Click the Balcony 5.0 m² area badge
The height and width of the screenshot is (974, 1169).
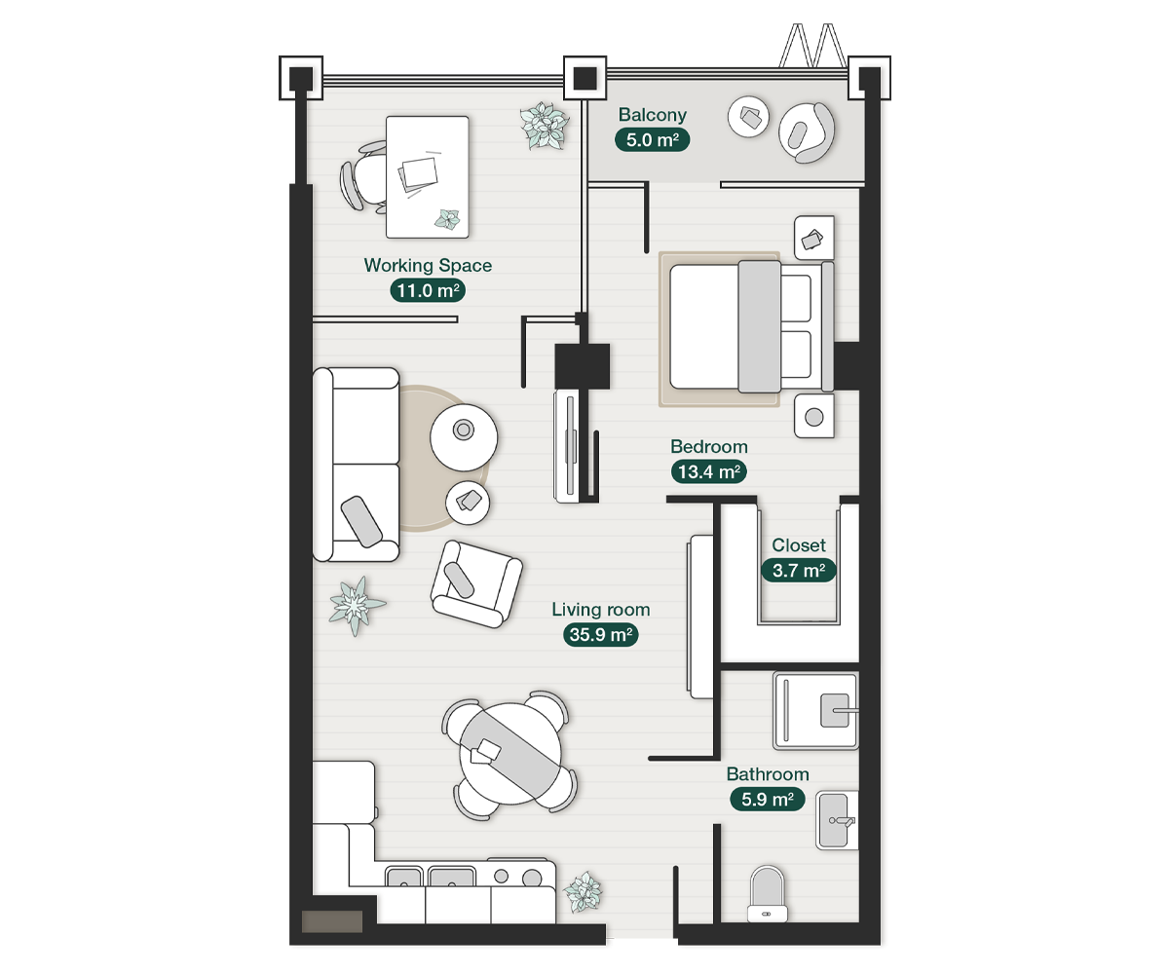pyautogui.click(x=653, y=139)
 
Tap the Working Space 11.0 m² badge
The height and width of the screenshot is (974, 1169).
pyautogui.click(x=427, y=289)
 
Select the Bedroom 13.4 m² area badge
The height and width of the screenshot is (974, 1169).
pyautogui.click(x=708, y=472)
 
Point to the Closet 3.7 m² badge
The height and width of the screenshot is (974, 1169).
pyautogui.click(x=799, y=571)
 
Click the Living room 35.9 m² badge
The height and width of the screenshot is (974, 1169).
pyautogui.click(x=600, y=635)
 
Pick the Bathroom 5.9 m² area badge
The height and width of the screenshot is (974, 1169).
pyautogui.click(x=768, y=800)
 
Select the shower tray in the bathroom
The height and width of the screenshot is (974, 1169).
pyautogui.click(x=815, y=710)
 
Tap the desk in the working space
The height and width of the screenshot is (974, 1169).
pyautogui.click(x=427, y=176)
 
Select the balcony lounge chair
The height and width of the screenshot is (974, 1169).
pyautogui.click(x=808, y=131)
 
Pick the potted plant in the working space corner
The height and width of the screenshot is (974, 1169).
pyautogui.click(x=543, y=127)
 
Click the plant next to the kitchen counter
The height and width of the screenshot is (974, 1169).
pyautogui.click(x=583, y=891)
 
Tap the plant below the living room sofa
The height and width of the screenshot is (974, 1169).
pyautogui.click(x=356, y=605)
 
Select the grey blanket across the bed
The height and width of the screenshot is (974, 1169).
pyautogui.click(x=759, y=326)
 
